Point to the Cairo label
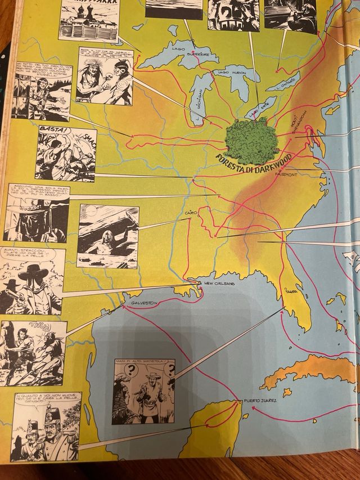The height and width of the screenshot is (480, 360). pos(191,214)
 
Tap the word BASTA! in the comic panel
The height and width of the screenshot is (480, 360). pos(49,133)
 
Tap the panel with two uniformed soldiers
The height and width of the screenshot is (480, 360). pos(44,426)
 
